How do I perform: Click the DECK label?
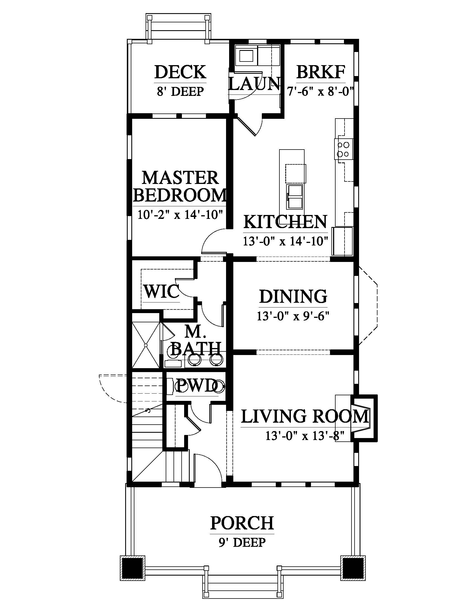(180, 72)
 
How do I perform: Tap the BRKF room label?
(320, 72)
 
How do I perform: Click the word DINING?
(293, 296)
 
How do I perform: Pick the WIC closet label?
(161, 291)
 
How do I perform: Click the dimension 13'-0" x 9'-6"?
(293, 316)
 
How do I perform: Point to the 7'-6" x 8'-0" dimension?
(320, 91)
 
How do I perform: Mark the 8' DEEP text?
(180, 91)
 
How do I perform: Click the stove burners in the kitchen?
(343, 149)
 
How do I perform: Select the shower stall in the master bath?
(146, 345)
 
